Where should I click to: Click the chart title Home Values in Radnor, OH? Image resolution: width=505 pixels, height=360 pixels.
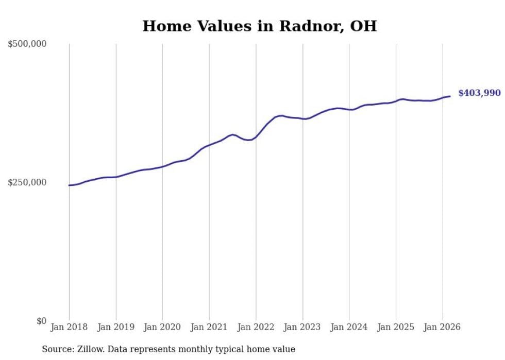click(x=259, y=26)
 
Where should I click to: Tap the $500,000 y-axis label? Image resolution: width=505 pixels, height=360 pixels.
click(x=27, y=44)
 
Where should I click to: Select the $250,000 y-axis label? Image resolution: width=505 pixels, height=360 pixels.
click(x=27, y=182)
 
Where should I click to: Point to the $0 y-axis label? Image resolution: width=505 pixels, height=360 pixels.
click(x=41, y=321)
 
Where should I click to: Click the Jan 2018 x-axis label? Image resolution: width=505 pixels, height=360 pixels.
click(x=69, y=327)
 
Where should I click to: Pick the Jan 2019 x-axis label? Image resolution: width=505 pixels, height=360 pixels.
click(x=116, y=327)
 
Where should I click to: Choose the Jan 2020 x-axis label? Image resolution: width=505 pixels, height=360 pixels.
click(x=162, y=327)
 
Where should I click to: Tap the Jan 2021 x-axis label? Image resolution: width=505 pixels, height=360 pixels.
click(x=209, y=327)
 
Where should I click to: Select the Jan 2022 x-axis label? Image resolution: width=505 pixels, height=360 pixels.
click(x=256, y=327)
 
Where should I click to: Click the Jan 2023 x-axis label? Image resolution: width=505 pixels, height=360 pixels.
click(x=302, y=327)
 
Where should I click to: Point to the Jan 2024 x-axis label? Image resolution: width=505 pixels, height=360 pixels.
click(x=349, y=327)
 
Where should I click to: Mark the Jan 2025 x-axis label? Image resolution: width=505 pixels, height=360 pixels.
click(x=396, y=327)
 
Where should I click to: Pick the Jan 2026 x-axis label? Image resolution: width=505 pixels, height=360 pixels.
click(x=443, y=327)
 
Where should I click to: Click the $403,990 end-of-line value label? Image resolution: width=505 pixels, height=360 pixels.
click(x=479, y=93)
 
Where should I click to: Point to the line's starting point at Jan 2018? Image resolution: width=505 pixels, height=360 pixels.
click(x=69, y=185)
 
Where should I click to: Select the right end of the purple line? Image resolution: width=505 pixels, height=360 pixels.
click(x=450, y=96)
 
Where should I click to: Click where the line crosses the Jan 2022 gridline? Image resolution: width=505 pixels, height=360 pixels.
click(x=256, y=136)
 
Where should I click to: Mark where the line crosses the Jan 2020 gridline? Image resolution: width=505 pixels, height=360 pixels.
click(x=162, y=166)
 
